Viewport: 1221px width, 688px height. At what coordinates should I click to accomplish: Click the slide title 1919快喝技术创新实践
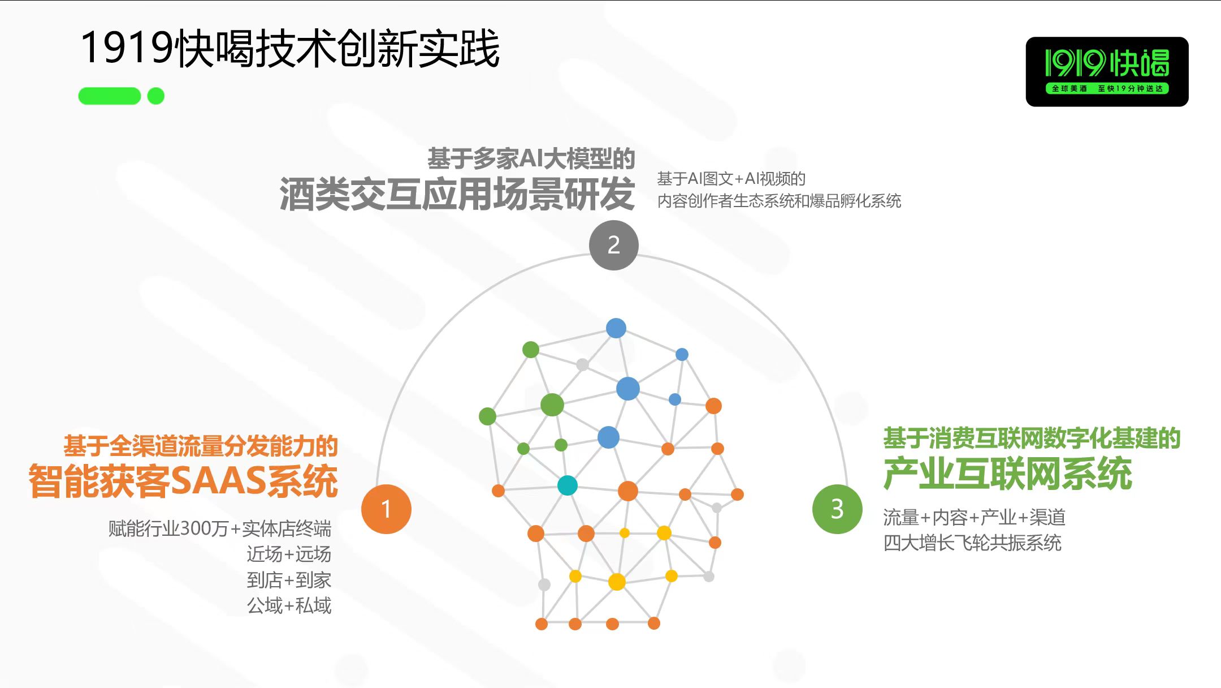coord(290,48)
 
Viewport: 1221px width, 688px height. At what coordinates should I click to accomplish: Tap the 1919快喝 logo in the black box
coord(1107,71)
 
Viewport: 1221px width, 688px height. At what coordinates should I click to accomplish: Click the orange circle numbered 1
coord(386,509)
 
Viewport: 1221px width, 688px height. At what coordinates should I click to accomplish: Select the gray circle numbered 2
coord(614,245)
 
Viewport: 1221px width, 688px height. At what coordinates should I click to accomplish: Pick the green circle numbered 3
coord(837,509)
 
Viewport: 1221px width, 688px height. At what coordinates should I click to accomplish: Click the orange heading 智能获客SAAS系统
coord(183,481)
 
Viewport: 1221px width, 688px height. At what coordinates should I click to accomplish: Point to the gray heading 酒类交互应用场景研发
coord(457,194)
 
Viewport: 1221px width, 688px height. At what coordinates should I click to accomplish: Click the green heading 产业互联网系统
coord(1008,474)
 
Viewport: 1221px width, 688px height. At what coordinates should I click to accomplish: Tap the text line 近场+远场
coord(289,554)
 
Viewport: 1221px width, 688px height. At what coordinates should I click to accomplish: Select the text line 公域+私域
coord(289,605)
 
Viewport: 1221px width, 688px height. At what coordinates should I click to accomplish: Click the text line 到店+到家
coord(289,580)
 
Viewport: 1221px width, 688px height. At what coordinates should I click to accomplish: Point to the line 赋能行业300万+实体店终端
coord(220,528)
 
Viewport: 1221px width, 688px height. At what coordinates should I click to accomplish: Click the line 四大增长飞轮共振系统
coord(972,543)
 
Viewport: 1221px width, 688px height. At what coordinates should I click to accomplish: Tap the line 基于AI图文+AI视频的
coord(731,179)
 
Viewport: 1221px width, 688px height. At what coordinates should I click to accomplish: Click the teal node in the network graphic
coord(568,485)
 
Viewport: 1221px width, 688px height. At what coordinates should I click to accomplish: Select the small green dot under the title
coord(156,96)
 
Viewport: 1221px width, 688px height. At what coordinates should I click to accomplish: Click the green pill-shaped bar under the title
coord(110,96)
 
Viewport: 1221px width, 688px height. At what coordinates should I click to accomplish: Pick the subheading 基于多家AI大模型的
coord(531,158)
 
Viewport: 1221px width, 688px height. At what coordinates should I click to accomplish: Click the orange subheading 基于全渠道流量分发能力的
coord(201,446)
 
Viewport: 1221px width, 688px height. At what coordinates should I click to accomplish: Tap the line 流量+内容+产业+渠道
coord(975,517)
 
